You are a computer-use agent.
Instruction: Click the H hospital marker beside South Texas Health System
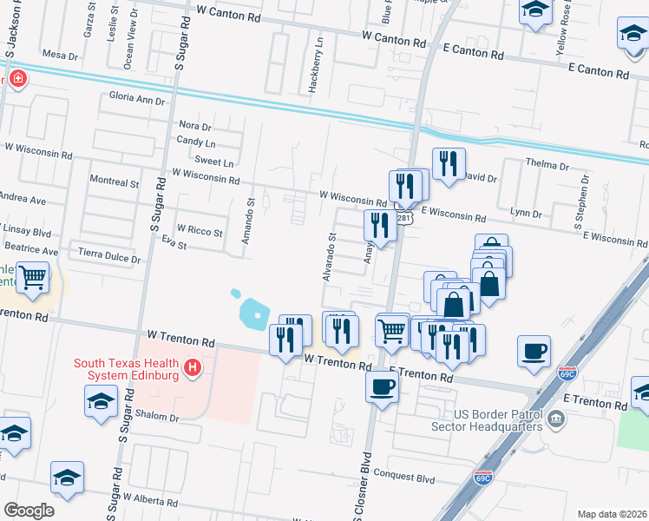(x=193, y=369)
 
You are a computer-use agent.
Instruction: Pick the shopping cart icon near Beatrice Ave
(x=32, y=278)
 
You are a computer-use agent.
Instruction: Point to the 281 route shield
(x=404, y=217)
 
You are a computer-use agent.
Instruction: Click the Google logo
(x=28, y=510)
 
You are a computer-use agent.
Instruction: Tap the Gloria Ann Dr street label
(x=136, y=100)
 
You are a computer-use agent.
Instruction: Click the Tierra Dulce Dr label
(x=109, y=258)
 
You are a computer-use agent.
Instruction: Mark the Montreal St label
(x=115, y=183)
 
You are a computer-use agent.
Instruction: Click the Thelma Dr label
(x=547, y=165)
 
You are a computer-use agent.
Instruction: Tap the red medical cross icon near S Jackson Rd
(x=16, y=80)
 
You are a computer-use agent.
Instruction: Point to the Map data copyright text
(x=612, y=514)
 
